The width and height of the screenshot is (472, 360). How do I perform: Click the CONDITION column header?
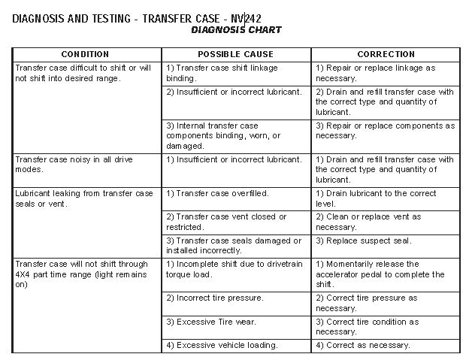point(84,54)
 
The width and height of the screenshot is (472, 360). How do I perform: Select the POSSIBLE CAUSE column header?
point(235,54)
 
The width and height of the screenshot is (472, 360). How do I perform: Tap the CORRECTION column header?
point(386,54)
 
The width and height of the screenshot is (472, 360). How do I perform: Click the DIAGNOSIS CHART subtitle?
point(236,30)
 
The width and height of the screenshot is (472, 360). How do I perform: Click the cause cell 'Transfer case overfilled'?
point(218,194)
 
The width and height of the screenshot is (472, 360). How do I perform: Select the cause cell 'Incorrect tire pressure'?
point(215,298)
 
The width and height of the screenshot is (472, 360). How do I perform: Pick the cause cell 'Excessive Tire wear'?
point(211,322)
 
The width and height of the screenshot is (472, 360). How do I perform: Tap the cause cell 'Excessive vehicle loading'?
point(222,345)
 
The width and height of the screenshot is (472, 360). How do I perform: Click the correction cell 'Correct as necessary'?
point(363,345)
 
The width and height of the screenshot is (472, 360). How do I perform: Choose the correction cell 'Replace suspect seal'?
point(364,241)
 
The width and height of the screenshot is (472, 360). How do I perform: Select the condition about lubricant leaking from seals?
point(84,198)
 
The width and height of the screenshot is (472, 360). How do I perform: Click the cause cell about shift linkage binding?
point(222,72)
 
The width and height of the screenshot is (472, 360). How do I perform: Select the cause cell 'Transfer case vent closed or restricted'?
point(226,222)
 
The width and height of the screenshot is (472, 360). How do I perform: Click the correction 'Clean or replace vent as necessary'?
point(368,222)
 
